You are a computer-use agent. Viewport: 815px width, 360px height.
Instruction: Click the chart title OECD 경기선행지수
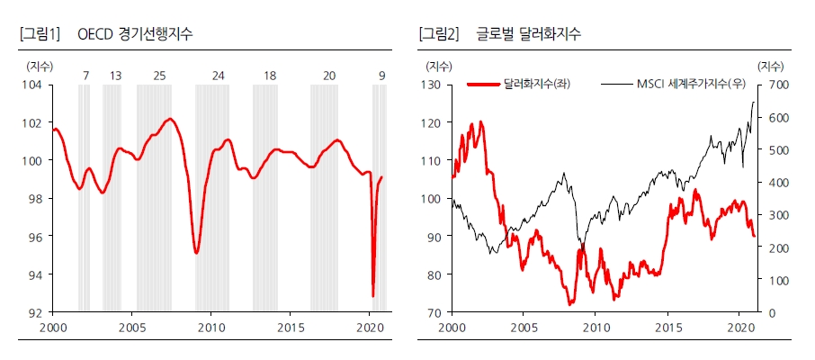click(x=136, y=34)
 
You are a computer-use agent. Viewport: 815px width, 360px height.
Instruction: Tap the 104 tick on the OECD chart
click(x=31, y=85)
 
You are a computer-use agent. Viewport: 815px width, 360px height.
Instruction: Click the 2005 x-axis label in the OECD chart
click(x=132, y=327)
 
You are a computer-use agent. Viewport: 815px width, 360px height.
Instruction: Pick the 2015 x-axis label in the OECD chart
click(x=291, y=327)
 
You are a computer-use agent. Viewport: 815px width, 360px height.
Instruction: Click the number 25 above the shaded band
click(x=159, y=76)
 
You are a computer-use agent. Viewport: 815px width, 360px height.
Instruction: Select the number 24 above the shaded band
click(x=218, y=76)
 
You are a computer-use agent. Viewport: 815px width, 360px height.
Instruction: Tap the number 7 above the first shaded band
click(x=85, y=76)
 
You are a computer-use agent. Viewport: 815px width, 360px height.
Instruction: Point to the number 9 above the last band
click(x=382, y=76)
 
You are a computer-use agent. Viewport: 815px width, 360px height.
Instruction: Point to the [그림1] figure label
click(x=39, y=34)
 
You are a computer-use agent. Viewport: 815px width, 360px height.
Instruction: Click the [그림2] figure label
click(x=439, y=34)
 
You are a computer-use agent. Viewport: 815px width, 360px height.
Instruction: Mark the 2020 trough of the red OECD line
click(x=372, y=296)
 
